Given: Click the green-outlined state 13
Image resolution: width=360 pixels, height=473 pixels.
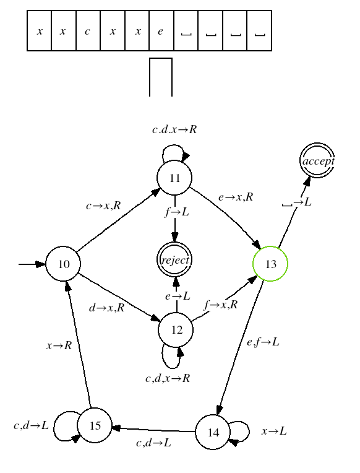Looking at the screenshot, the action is coord(270,264).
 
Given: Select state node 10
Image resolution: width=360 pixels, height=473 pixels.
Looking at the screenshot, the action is coord(63,264).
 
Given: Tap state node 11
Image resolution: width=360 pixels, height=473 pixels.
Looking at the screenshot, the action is coord(174,178).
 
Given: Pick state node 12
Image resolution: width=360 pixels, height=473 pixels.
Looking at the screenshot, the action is coord(176,330).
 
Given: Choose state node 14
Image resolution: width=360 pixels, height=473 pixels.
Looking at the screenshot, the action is coord(213,432).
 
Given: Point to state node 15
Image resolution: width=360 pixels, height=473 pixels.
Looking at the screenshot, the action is coord(95,425).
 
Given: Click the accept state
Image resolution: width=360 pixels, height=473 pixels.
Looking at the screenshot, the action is coord(317,160).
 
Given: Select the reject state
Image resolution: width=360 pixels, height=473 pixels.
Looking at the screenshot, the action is coord(174,260).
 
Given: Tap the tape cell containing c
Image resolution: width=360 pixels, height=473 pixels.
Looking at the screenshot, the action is coord(88,31).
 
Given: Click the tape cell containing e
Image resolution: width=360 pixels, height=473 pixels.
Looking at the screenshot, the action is coord(161,31).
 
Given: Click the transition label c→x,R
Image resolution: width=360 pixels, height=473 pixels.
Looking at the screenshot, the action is coord(103,206).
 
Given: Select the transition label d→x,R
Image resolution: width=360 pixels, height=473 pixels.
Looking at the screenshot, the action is coord(107,308).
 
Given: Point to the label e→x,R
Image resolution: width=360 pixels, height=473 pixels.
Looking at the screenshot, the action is coord(236,197).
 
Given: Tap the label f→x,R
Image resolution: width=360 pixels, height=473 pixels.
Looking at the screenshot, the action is coord(221,305).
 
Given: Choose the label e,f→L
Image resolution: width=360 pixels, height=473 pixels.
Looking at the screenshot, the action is coord(263,342).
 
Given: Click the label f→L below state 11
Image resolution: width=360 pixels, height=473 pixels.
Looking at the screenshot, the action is coord(177,212).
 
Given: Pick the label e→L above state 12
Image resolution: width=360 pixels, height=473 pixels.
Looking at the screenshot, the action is coord(178,296).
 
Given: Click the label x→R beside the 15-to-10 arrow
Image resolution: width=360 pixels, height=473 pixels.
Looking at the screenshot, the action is coord(59,345).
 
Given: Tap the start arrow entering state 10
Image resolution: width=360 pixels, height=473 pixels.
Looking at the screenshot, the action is coord(32,264).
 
